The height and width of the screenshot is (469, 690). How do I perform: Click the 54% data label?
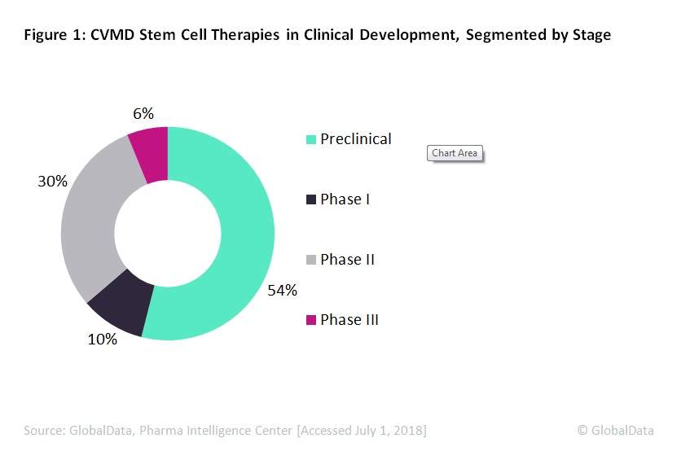283,290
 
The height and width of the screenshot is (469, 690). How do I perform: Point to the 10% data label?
103,340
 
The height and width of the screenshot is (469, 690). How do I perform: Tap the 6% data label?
143,114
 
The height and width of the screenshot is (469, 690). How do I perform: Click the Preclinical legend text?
355,139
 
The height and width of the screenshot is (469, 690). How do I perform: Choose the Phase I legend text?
345,199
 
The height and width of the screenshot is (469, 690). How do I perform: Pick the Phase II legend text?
347,260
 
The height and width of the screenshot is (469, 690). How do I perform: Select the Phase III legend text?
349,320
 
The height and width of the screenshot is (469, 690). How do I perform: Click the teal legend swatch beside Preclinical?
310,140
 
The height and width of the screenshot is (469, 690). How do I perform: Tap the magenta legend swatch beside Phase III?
310,321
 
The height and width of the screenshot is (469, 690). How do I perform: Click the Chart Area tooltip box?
455,153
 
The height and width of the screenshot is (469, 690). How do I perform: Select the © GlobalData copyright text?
615,431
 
